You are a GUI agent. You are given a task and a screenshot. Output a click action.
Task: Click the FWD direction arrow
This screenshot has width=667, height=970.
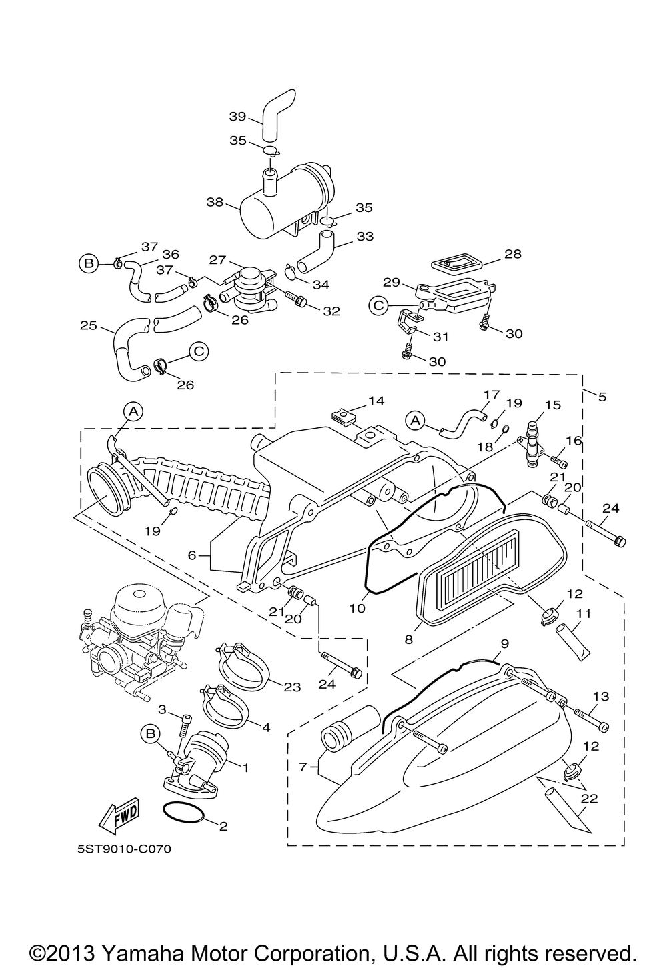pyautogui.click(x=119, y=815)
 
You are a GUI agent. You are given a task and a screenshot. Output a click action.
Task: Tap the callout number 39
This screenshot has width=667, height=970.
pyautogui.click(x=237, y=116)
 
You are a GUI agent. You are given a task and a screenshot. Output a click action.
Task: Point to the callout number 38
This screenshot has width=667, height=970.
pyautogui.click(x=215, y=202)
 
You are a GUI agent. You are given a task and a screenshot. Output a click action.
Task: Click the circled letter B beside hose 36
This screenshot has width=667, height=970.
pyautogui.click(x=88, y=263)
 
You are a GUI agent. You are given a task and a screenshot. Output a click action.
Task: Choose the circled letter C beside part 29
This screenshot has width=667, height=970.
pyautogui.click(x=378, y=305)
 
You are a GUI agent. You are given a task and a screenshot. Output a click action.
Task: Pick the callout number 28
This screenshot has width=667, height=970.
pyautogui.click(x=513, y=254)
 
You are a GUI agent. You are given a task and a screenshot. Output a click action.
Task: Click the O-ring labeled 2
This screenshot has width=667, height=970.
pyautogui.click(x=184, y=813)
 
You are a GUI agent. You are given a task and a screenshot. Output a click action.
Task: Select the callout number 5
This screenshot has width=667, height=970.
pyautogui.click(x=602, y=397)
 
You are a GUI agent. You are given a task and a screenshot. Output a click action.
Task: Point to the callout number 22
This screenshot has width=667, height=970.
pyautogui.click(x=589, y=797)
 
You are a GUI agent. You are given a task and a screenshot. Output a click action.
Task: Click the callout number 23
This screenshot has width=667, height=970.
pyautogui.click(x=292, y=687)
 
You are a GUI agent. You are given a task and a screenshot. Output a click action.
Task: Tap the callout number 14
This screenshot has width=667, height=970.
pyautogui.click(x=376, y=401)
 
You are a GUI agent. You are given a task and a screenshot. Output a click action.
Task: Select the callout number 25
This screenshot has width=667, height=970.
pyautogui.click(x=89, y=325)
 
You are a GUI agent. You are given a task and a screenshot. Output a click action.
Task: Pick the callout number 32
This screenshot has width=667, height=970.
pyautogui.click(x=331, y=311)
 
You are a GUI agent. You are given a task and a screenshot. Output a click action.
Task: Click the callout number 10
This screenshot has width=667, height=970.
pyautogui.click(x=358, y=609)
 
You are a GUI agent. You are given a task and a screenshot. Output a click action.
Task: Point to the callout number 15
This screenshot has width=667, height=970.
pyautogui.click(x=553, y=405)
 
